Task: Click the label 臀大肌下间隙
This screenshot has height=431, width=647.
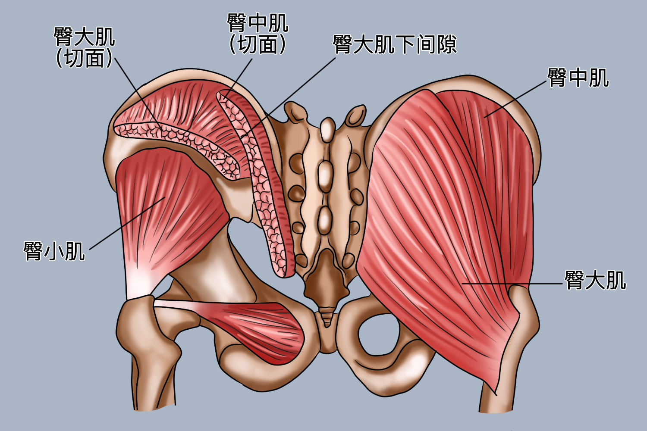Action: pos(394,44)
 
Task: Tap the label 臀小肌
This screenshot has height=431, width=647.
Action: pos(54,251)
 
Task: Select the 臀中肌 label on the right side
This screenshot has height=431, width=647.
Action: pos(578,78)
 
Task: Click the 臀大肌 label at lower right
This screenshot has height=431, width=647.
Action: pos(595,281)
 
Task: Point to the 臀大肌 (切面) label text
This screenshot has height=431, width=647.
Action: pos(84,47)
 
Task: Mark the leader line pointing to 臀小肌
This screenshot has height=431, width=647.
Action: pos(125,224)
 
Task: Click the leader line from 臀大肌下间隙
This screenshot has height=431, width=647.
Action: pos(293,95)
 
